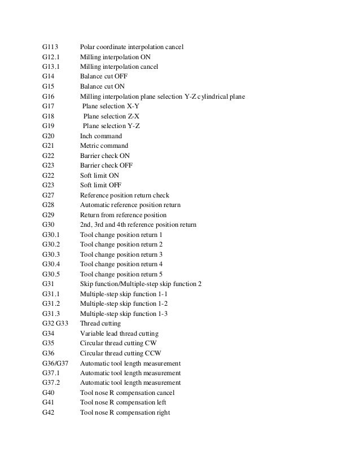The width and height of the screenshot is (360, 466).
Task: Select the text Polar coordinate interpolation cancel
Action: [x=135, y=47]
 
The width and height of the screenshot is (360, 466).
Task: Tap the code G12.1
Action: [x=52, y=57]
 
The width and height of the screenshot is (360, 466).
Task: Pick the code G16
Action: [x=48, y=96]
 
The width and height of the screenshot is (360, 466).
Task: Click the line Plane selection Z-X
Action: [x=111, y=116]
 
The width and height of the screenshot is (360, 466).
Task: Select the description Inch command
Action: [x=100, y=136]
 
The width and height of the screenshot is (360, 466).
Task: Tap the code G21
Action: [x=48, y=146]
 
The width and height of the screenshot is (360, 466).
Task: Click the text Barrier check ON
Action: [x=104, y=156]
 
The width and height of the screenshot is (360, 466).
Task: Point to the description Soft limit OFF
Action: [x=100, y=185]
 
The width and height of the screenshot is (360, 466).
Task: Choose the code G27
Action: [x=48, y=195]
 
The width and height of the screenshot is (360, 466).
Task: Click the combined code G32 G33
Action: [x=55, y=323]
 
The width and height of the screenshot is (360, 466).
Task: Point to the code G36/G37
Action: [x=55, y=363]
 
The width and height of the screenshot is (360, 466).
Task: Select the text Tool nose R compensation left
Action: [x=123, y=402]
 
